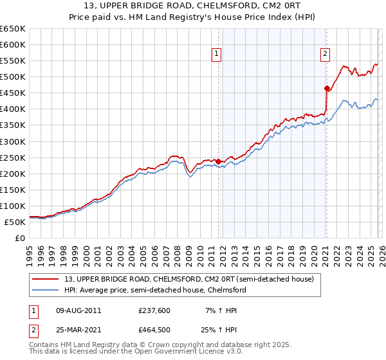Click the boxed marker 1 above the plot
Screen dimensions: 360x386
(x=217, y=55)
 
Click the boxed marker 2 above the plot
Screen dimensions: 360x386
(x=326, y=55)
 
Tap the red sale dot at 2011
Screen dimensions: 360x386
(x=218, y=161)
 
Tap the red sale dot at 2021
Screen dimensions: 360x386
(x=327, y=88)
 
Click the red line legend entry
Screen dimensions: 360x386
(x=188, y=279)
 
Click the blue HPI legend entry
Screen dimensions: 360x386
(x=159, y=290)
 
